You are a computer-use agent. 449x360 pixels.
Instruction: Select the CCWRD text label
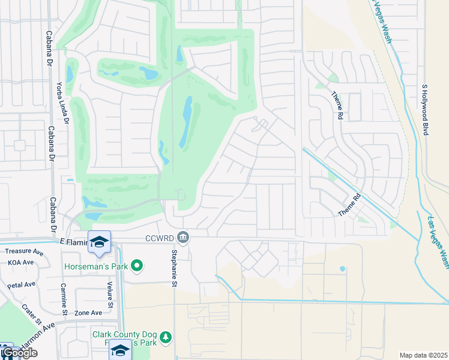coord(159,238)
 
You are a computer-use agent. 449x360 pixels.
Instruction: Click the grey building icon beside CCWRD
coord(184,238)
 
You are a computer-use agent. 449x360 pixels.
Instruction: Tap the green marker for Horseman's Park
coord(137,265)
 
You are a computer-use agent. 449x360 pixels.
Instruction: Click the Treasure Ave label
coord(24,252)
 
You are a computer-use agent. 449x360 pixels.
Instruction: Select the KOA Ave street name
coord(21,263)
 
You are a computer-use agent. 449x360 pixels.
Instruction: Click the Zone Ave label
coord(88,313)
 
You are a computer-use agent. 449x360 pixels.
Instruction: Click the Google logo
coord(19,353)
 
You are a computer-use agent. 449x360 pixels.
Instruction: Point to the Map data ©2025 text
coord(423,355)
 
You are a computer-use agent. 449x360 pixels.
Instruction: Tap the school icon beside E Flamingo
coord(99,242)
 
